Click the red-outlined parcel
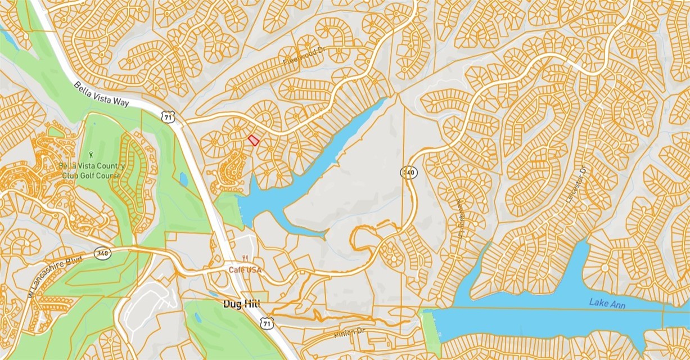[254, 141]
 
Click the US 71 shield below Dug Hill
[267, 323]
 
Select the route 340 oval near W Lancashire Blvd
[103, 254]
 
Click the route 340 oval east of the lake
[409, 172]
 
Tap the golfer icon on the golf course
[91, 154]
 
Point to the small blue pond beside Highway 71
[183, 179]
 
